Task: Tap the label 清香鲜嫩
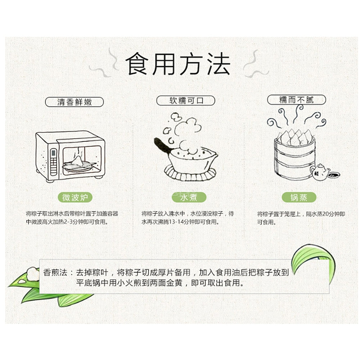pyautogui.click(x=75, y=102)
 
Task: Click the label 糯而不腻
pyautogui.click(x=296, y=99)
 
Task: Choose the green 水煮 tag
pyautogui.click(x=184, y=197)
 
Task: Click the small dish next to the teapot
pyautogui.click(x=335, y=175)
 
